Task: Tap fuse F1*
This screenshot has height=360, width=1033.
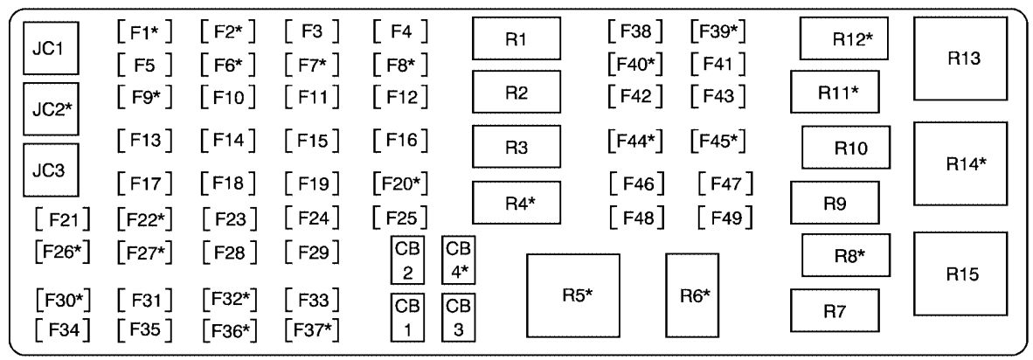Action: (x=144, y=33)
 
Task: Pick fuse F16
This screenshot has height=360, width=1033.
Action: (x=400, y=140)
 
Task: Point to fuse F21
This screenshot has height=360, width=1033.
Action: (x=63, y=216)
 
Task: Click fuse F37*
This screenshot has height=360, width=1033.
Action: (x=312, y=329)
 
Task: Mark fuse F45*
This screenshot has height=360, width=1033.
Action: (x=718, y=140)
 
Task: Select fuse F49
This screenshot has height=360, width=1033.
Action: (x=725, y=215)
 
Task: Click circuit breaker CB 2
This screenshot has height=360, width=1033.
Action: (x=407, y=260)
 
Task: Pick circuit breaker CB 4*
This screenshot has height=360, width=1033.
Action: (x=459, y=260)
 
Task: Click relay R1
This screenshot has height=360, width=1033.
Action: (x=516, y=40)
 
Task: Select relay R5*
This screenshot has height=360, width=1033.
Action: (x=572, y=295)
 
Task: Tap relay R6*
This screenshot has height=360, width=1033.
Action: (x=692, y=295)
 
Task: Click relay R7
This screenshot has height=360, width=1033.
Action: (x=835, y=311)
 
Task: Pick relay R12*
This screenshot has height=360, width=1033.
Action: (x=843, y=39)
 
